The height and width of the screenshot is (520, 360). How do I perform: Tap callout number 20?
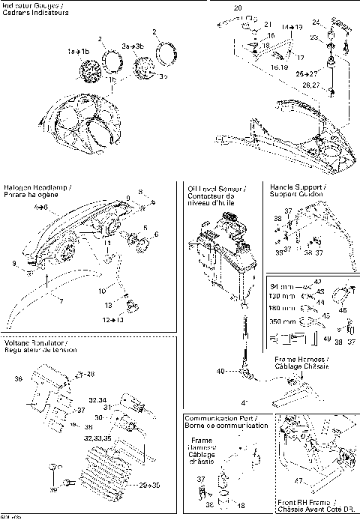click(x=238, y=8)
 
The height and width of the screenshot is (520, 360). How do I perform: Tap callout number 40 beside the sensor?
click(x=220, y=371)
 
